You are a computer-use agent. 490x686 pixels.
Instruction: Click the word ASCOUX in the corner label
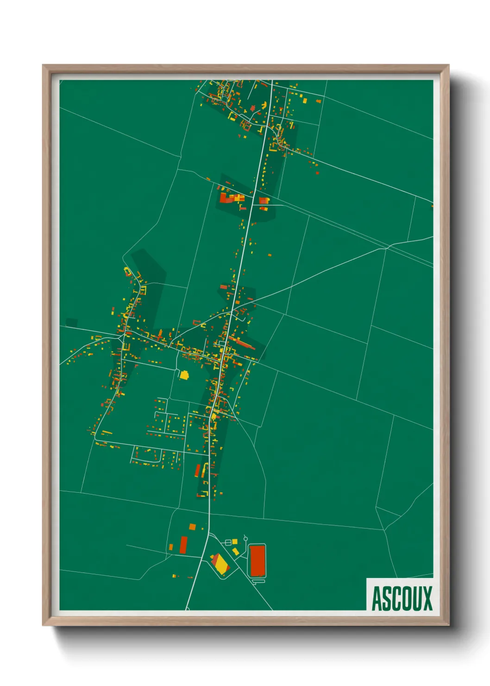[x=402, y=598]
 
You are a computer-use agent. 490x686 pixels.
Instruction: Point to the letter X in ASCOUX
[x=427, y=598]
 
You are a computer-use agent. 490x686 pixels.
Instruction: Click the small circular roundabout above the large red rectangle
[x=245, y=538]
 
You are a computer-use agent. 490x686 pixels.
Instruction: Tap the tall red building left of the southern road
[x=183, y=545]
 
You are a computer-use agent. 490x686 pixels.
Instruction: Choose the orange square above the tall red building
[x=192, y=527]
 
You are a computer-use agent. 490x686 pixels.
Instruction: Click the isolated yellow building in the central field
[x=184, y=375]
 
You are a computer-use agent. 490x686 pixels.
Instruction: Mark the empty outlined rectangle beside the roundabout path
[x=228, y=542]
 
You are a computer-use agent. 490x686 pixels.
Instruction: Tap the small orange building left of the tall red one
[x=171, y=547]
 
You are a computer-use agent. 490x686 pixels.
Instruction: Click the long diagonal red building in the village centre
[x=242, y=343]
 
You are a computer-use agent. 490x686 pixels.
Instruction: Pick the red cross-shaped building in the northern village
[x=253, y=108]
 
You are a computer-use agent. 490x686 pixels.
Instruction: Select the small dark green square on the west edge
[x=71, y=322]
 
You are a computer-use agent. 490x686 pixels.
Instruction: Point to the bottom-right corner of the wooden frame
[x=448, y=625]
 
